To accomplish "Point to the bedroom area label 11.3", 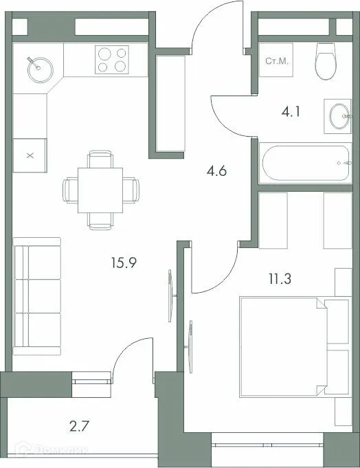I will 279,279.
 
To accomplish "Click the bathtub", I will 304,163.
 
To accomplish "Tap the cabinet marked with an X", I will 30,155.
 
